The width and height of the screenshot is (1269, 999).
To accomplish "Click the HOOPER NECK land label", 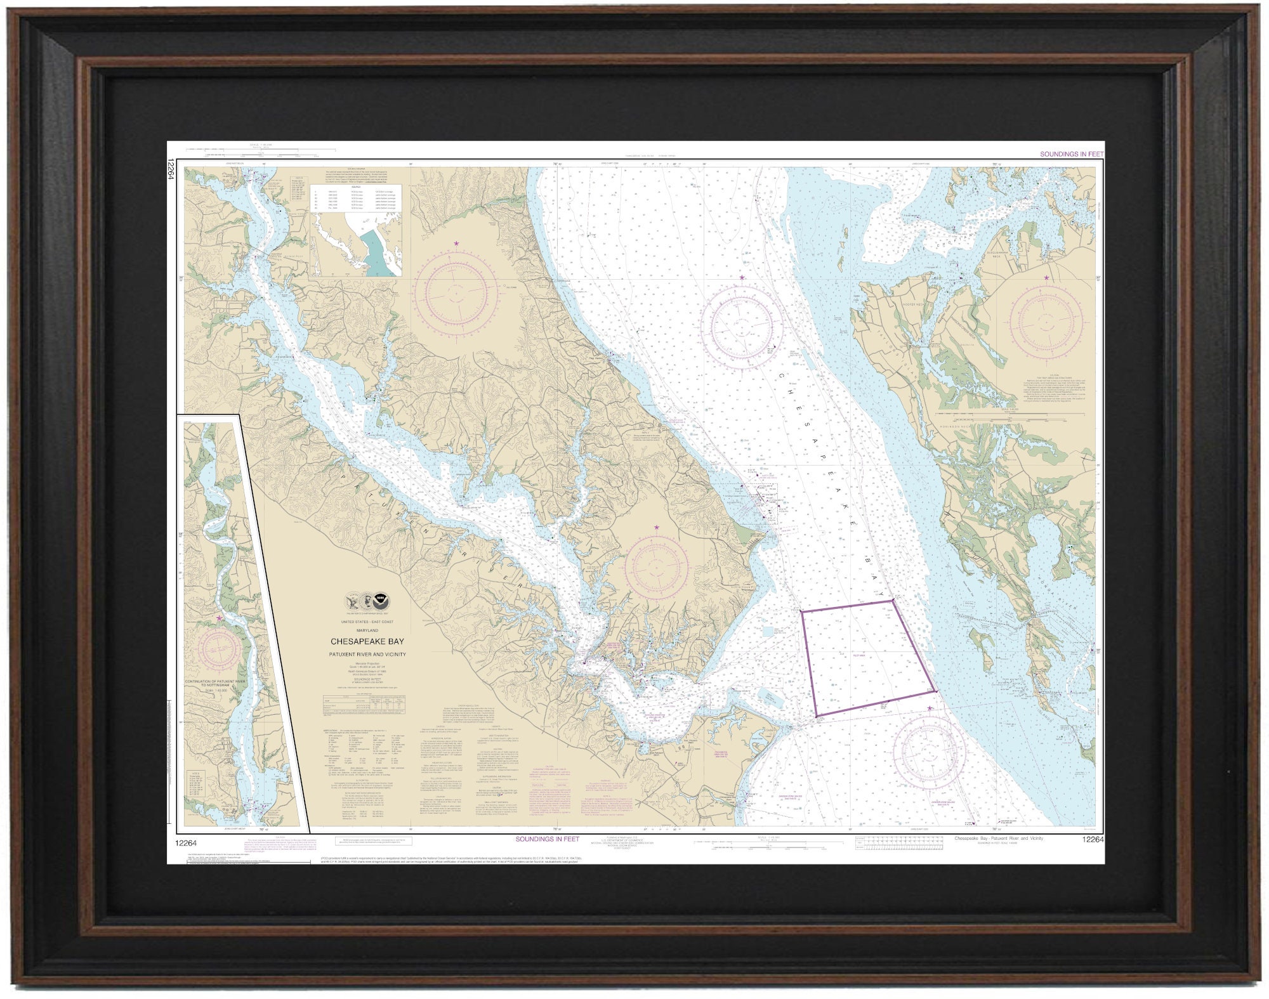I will point(911,304).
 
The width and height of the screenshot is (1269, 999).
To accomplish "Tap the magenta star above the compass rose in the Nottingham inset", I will point(220,617).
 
